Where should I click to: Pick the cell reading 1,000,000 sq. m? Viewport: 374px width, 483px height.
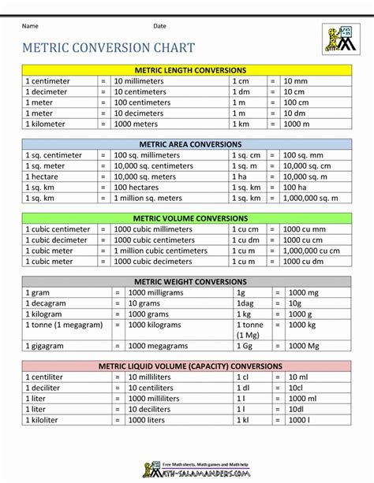310,199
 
